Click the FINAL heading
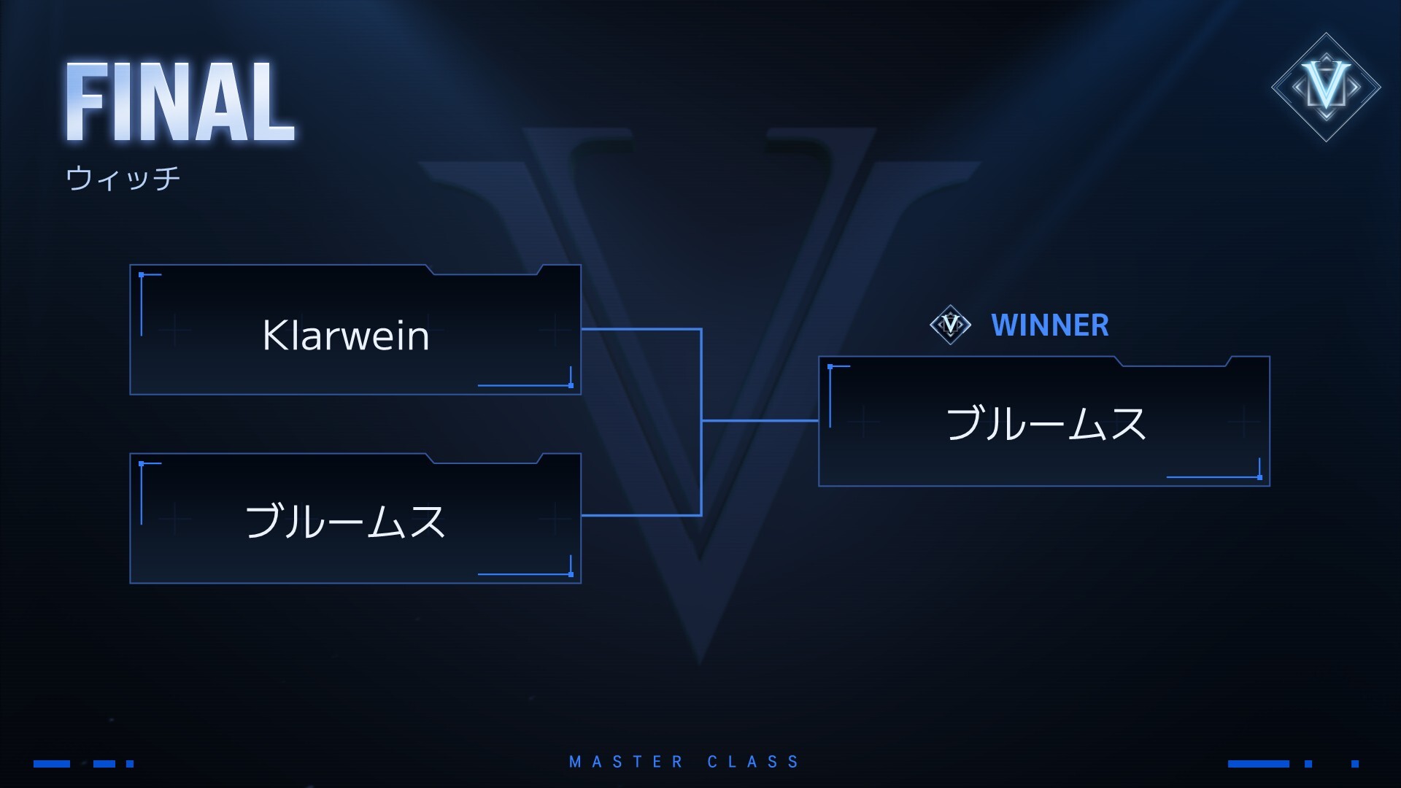(x=180, y=102)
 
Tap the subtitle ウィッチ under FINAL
(x=123, y=178)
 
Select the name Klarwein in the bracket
(x=346, y=336)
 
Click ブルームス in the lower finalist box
(x=345, y=521)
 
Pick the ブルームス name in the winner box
(x=1046, y=423)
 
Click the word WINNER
(x=1050, y=325)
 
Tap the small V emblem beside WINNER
(x=951, y=324)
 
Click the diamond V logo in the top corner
(x=1326, y=87)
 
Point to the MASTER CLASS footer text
(x=684, y=762)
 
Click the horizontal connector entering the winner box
(x=760, y=421)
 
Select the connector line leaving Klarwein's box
(x=641, y=329)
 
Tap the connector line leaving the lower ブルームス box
(x=641, y=515)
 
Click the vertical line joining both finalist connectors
(x=701, y=422)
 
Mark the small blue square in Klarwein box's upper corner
(x=142, y=275)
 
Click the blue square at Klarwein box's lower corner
(x=571, y=385)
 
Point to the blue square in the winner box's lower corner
(x=1259, y=477)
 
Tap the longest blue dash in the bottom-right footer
(x=1259, y=764)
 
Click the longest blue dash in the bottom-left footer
(x=52, y=764)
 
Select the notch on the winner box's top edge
(x=1173, y=361)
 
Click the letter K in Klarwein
(x=273, y=336)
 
